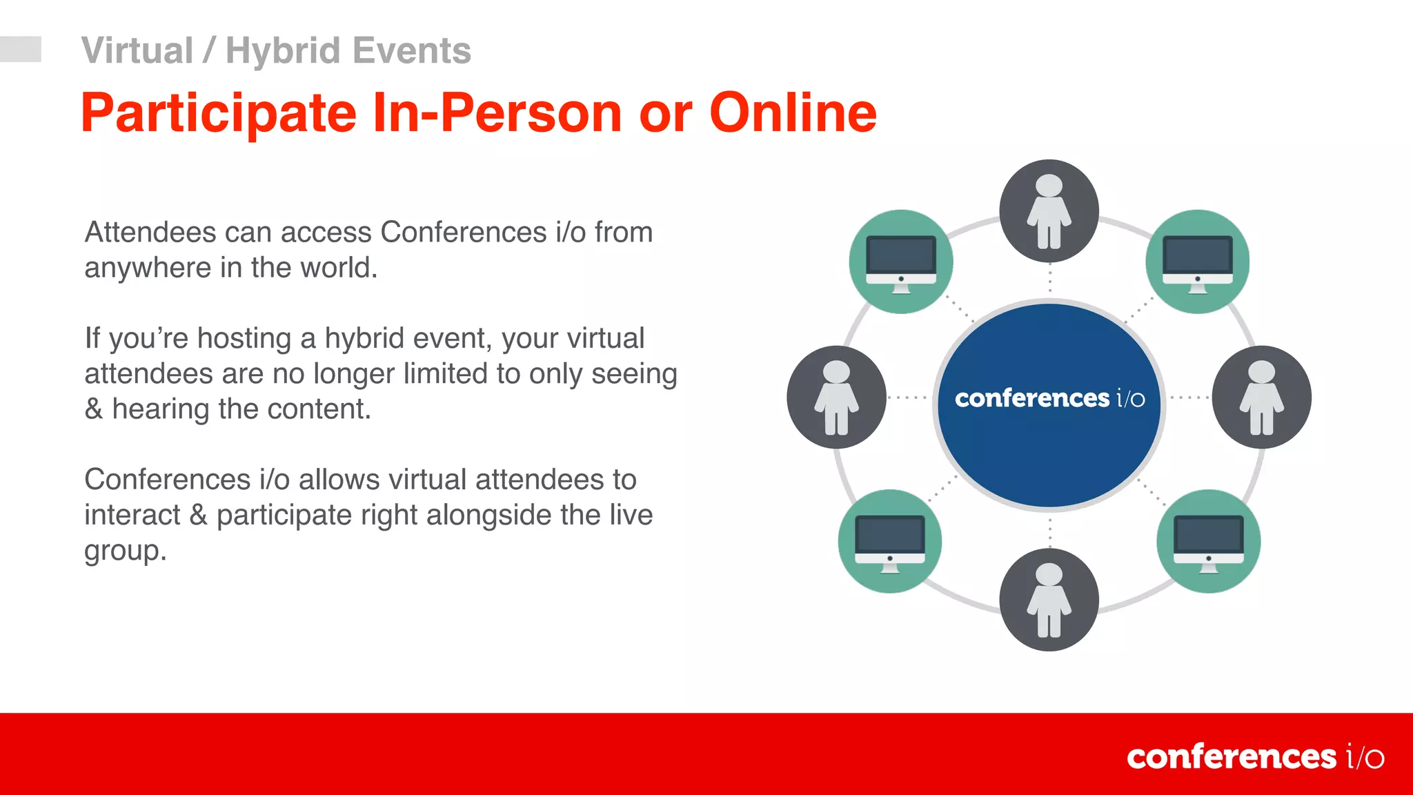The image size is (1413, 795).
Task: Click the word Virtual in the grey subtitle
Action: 137,51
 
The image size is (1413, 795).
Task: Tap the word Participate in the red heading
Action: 219,113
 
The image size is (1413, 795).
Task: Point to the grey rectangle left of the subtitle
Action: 20,49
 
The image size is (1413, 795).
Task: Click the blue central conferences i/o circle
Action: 1049,405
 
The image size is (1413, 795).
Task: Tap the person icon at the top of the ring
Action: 1049,211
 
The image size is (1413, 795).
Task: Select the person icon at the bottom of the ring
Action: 1049,600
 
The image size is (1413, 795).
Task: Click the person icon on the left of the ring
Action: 836,397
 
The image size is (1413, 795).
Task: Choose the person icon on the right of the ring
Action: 1261,397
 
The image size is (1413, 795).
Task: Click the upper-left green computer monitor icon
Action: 900,262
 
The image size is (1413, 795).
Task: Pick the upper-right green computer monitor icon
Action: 1197,262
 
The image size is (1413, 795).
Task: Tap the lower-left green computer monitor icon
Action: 889,542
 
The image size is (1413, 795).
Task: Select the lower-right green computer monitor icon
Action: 1208,542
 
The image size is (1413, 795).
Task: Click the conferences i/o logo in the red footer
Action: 1254,757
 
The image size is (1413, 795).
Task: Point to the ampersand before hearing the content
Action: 94,409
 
